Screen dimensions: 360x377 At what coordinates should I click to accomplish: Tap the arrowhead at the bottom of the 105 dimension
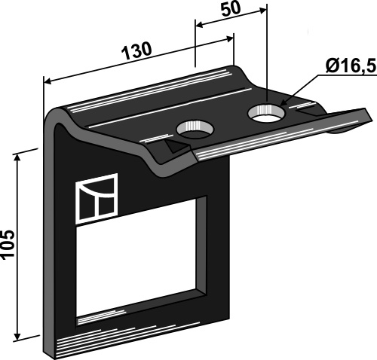(26, 337)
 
